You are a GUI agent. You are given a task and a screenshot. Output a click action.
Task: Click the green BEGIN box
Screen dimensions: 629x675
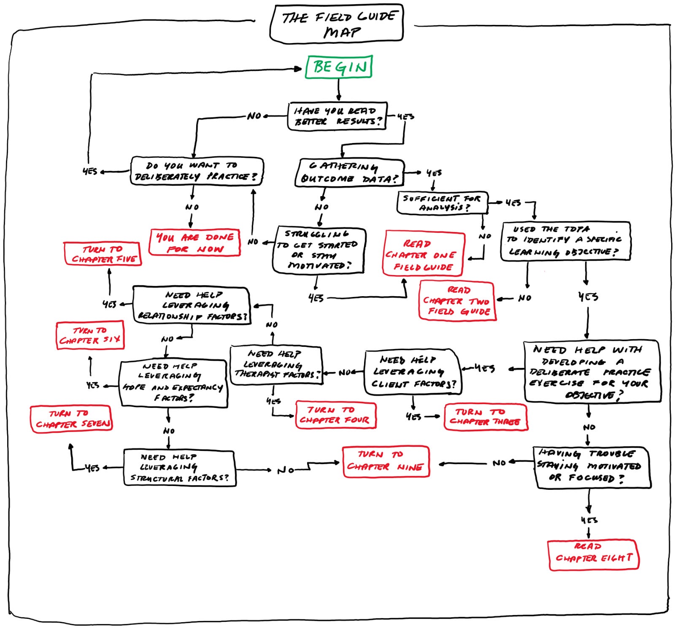pyautogui.click(x=339, y=67)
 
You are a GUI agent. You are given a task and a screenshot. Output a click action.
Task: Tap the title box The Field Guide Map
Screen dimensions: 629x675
pyautogui.click(x=337, y=24)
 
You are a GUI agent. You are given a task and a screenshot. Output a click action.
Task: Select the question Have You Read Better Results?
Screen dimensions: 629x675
pyautogui.click(x=337, y=116)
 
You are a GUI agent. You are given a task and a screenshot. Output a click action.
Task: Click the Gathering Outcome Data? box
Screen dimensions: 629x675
pyautogui.click(x=349, y=173)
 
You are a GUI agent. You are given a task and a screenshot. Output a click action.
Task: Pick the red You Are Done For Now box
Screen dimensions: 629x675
pyautogui.click(x=195, y=243)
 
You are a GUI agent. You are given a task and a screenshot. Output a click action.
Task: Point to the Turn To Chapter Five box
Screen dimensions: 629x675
pyautogui.click(x=103, y=254)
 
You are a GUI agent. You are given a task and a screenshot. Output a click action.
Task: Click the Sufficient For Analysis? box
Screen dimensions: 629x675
pyautogui.click(x=442, y=202)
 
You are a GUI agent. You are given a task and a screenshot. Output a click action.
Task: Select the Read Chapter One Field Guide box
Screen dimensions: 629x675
pyautogui.click(x=424, y=254)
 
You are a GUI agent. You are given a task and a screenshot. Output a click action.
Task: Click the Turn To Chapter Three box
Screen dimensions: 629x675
pyautogui.click(x=486, y=417)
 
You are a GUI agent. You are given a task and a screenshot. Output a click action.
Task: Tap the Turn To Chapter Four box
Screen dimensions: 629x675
pyautogui.click(x=335, y=415)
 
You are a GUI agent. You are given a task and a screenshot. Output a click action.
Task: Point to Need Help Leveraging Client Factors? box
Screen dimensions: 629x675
pyautogui.click(x=413, y=372)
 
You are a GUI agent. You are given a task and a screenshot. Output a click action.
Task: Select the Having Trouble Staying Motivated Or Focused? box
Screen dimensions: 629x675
pyautogui.click(x=592, y=467)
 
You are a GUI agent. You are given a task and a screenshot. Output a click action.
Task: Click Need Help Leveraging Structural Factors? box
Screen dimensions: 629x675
pyautogui.click(x=180, y=467)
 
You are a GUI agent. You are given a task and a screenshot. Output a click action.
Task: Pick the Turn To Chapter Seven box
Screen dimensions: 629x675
pyautogui.click(x=71, y=419)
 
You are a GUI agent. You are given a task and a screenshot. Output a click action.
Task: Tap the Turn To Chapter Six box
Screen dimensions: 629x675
pyautogui.click(x=90, y=335)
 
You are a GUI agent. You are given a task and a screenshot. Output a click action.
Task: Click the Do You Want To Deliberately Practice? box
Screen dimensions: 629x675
pyautogui.click(x=197, y=171)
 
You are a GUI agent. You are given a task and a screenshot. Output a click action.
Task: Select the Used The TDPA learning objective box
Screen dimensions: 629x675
pyautogui.click(x=565, y=241)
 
